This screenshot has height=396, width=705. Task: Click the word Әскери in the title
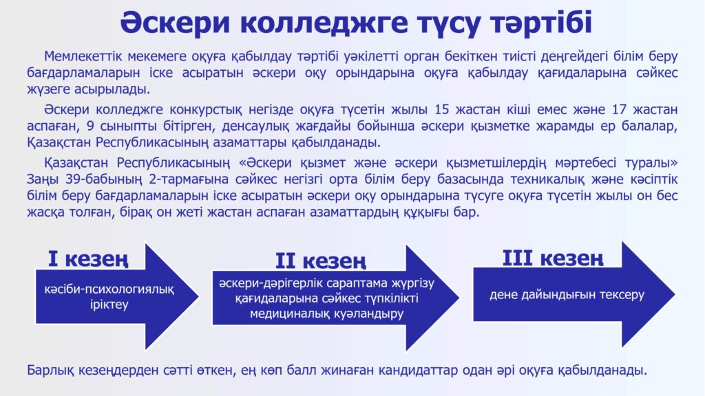coord(175,22)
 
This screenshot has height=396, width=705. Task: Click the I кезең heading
coord(88,259)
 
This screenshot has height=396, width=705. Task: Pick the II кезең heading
coord(321,261)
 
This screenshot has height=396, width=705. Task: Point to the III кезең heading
coord(553,258)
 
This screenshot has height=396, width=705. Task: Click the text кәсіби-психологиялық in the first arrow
coord(109,289)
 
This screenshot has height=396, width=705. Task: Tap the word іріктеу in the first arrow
coord(109,305)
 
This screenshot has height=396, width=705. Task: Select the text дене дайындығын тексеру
coord(567,294)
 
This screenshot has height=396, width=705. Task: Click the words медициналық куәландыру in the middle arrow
coord(327,313)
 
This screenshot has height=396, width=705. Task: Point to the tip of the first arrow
coord(199,296)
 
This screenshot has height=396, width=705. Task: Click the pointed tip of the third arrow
coord(675,294)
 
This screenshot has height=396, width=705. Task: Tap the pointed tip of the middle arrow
coord(459,297)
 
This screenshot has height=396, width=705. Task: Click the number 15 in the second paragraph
coord(442,109)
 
